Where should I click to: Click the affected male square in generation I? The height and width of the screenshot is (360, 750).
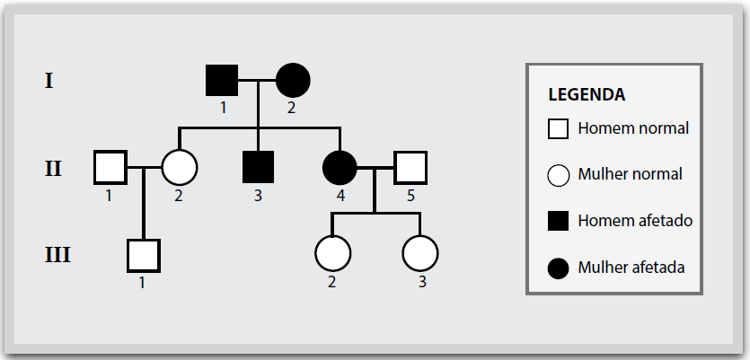222,80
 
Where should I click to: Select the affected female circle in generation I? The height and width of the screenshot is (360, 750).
293,80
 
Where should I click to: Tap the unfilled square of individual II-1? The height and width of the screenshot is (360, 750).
110,167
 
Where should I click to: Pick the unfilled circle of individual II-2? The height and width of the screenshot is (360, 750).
180,167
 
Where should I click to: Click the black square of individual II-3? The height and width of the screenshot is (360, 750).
259,167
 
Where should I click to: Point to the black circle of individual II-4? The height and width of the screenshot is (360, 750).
340,168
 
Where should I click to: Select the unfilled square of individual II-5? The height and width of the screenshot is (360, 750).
410,168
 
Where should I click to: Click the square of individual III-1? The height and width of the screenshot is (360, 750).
144,256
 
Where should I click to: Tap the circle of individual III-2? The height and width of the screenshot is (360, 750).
333,253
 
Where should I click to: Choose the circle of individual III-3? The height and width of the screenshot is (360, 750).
420,253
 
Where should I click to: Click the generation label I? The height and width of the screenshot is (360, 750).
49,81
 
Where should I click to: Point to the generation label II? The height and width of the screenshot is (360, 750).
53,168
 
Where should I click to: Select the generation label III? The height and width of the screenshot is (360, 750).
57,255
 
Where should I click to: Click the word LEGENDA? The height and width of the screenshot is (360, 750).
587,94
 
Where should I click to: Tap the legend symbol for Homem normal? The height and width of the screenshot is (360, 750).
558,129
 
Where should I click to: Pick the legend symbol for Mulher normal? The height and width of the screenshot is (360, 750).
558,175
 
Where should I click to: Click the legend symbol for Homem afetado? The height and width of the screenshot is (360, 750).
558,221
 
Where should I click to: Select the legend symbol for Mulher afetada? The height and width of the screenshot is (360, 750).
558,268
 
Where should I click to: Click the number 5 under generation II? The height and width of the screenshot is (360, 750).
410,196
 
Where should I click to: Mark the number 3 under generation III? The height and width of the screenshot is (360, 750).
422,282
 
